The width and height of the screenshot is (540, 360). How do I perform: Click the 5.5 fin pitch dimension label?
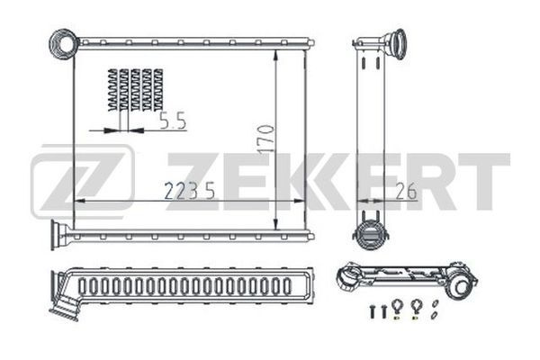pos(173,121)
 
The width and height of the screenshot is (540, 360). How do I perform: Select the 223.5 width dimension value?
pos(189,191)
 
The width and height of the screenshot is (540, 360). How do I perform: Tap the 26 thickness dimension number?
pos(406,191)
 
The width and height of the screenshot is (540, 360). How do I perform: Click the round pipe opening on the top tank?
pos(64,44)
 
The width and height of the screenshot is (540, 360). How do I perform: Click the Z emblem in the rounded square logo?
pos(82,182)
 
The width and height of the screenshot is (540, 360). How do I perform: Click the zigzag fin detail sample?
pos(135,90)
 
